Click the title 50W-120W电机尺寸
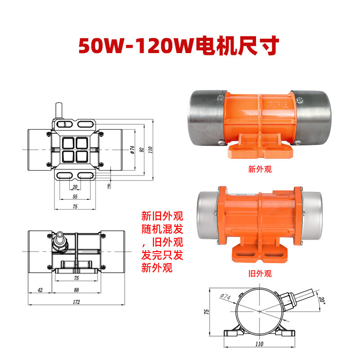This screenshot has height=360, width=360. pos(180,46)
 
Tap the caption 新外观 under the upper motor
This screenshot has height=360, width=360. pos(260,170)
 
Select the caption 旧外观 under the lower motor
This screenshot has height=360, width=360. pos(260,273)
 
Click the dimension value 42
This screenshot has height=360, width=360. pos(40,290)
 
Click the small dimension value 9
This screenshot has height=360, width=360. pos(108,185)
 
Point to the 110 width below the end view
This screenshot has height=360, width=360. pos(260,344)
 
